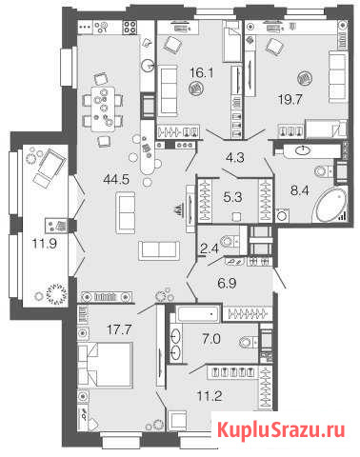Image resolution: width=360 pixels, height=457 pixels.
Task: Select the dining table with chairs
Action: (104, 107)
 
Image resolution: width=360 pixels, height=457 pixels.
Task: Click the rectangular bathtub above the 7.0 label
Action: (197, 314)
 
